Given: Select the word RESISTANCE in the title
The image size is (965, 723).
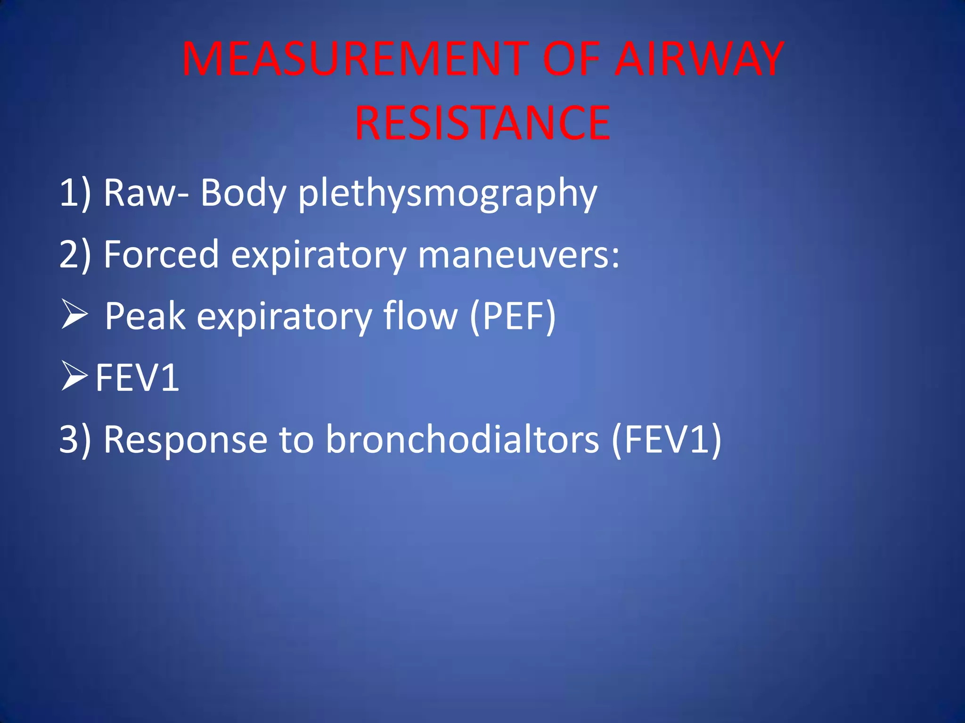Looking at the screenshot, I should (x=482, y=123).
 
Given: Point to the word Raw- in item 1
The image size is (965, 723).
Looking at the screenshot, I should (x=147, y=193).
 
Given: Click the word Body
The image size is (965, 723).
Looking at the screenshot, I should (x=243, y=193).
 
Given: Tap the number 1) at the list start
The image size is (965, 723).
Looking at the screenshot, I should (x=75, y=193).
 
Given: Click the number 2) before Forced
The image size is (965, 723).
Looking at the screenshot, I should (x=75, y=254).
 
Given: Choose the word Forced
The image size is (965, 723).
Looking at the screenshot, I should (x=161, y=254).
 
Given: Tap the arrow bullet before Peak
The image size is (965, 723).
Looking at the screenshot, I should (x=74, y=315).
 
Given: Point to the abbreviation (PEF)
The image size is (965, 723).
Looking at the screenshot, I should (x=513, y=316).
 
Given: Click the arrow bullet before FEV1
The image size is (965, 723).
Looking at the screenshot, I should (x=74, y=377).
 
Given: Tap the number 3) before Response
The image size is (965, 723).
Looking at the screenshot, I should (x=75, y=439).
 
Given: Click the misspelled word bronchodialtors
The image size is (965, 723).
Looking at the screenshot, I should (x=463, y=439).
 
